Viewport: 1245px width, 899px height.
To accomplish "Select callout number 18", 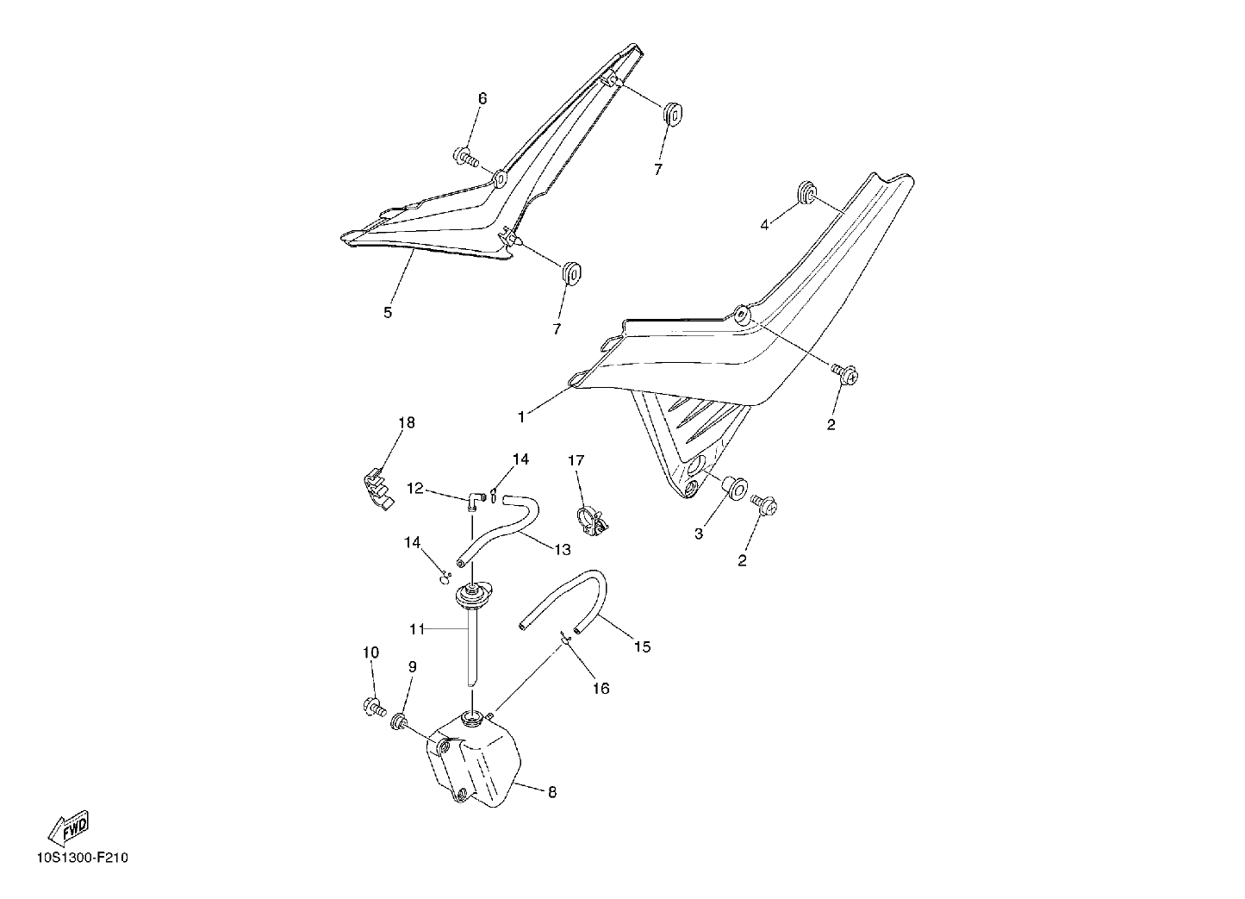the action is [x=407, y=422].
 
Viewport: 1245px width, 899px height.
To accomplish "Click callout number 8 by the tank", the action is [x=552, y=792].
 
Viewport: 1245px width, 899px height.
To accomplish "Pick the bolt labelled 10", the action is [x=374, y=707].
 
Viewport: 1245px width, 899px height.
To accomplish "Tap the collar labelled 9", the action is [x=399, y=721].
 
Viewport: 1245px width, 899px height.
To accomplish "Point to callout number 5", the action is [x=388, y=313].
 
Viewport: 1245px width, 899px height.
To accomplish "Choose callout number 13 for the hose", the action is [x=563, y=550].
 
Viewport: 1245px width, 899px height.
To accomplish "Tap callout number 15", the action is [x=642, y=646].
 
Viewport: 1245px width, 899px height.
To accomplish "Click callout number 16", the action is [x=601, y=689].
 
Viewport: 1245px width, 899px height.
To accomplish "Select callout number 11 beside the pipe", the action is [x=417, y=629].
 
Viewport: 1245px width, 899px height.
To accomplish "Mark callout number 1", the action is [x=520, y=417].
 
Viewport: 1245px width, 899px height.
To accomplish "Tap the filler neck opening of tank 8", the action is [x=472, y=717].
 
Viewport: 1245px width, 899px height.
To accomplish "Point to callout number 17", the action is [x=576, y=460].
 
